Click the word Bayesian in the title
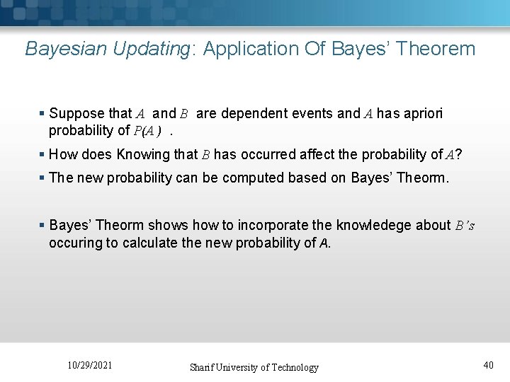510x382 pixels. pos(59,49)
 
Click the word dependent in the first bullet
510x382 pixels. pos(253,113)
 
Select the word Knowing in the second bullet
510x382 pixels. pos(142,154)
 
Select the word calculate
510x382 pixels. pos(141,243)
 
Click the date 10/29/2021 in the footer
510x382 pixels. pos(90,365)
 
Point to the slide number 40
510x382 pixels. pos(488,365)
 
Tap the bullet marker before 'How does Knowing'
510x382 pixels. pos(42,154)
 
